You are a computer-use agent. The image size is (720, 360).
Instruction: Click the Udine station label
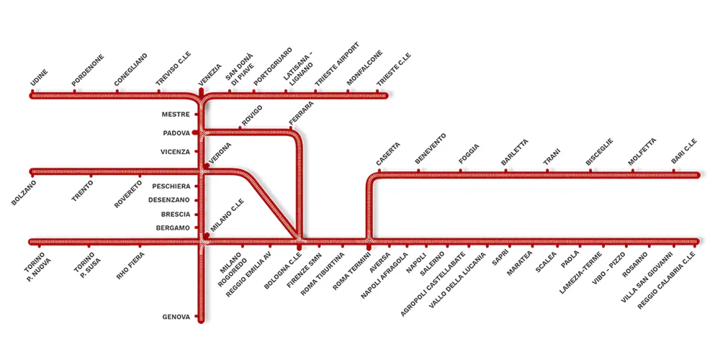coord(39,82)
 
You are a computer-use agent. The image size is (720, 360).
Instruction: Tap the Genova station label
coord(176,317)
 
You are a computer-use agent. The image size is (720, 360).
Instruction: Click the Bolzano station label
coord(24,193)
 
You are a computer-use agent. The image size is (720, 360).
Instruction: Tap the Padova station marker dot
coord(195,133)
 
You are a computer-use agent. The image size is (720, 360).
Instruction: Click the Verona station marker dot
coord(207,166)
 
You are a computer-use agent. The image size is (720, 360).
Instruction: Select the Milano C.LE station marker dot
coord(207,235)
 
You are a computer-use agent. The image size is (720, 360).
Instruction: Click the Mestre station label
coord(176,114)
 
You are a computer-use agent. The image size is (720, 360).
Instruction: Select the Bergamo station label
coord(173,228)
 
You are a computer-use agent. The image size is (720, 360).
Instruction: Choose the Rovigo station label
coord(252,116)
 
